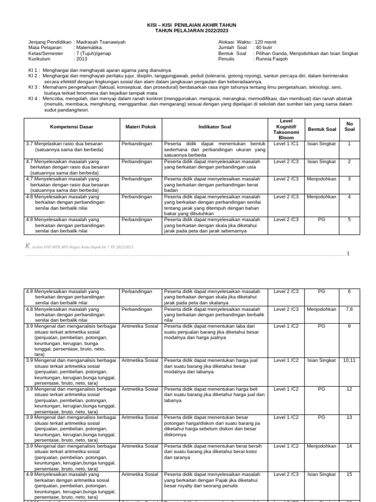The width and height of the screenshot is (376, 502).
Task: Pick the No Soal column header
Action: [x=349, y=126]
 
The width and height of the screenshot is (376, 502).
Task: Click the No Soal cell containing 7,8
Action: [x=349, y=309]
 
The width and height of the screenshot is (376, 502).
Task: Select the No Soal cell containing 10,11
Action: [x=349, y=360]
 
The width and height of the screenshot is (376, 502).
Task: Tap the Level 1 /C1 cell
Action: [x=286, y=144]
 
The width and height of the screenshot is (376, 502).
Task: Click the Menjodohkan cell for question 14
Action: [x=321, y=446]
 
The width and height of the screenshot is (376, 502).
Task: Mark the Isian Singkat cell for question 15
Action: [x=321, y=475]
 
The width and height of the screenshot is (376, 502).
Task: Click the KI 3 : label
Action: [x=34, y=87]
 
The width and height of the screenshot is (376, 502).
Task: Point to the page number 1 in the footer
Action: [x=348, y=253]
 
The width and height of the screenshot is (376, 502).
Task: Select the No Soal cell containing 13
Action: [x=349, y=417]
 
